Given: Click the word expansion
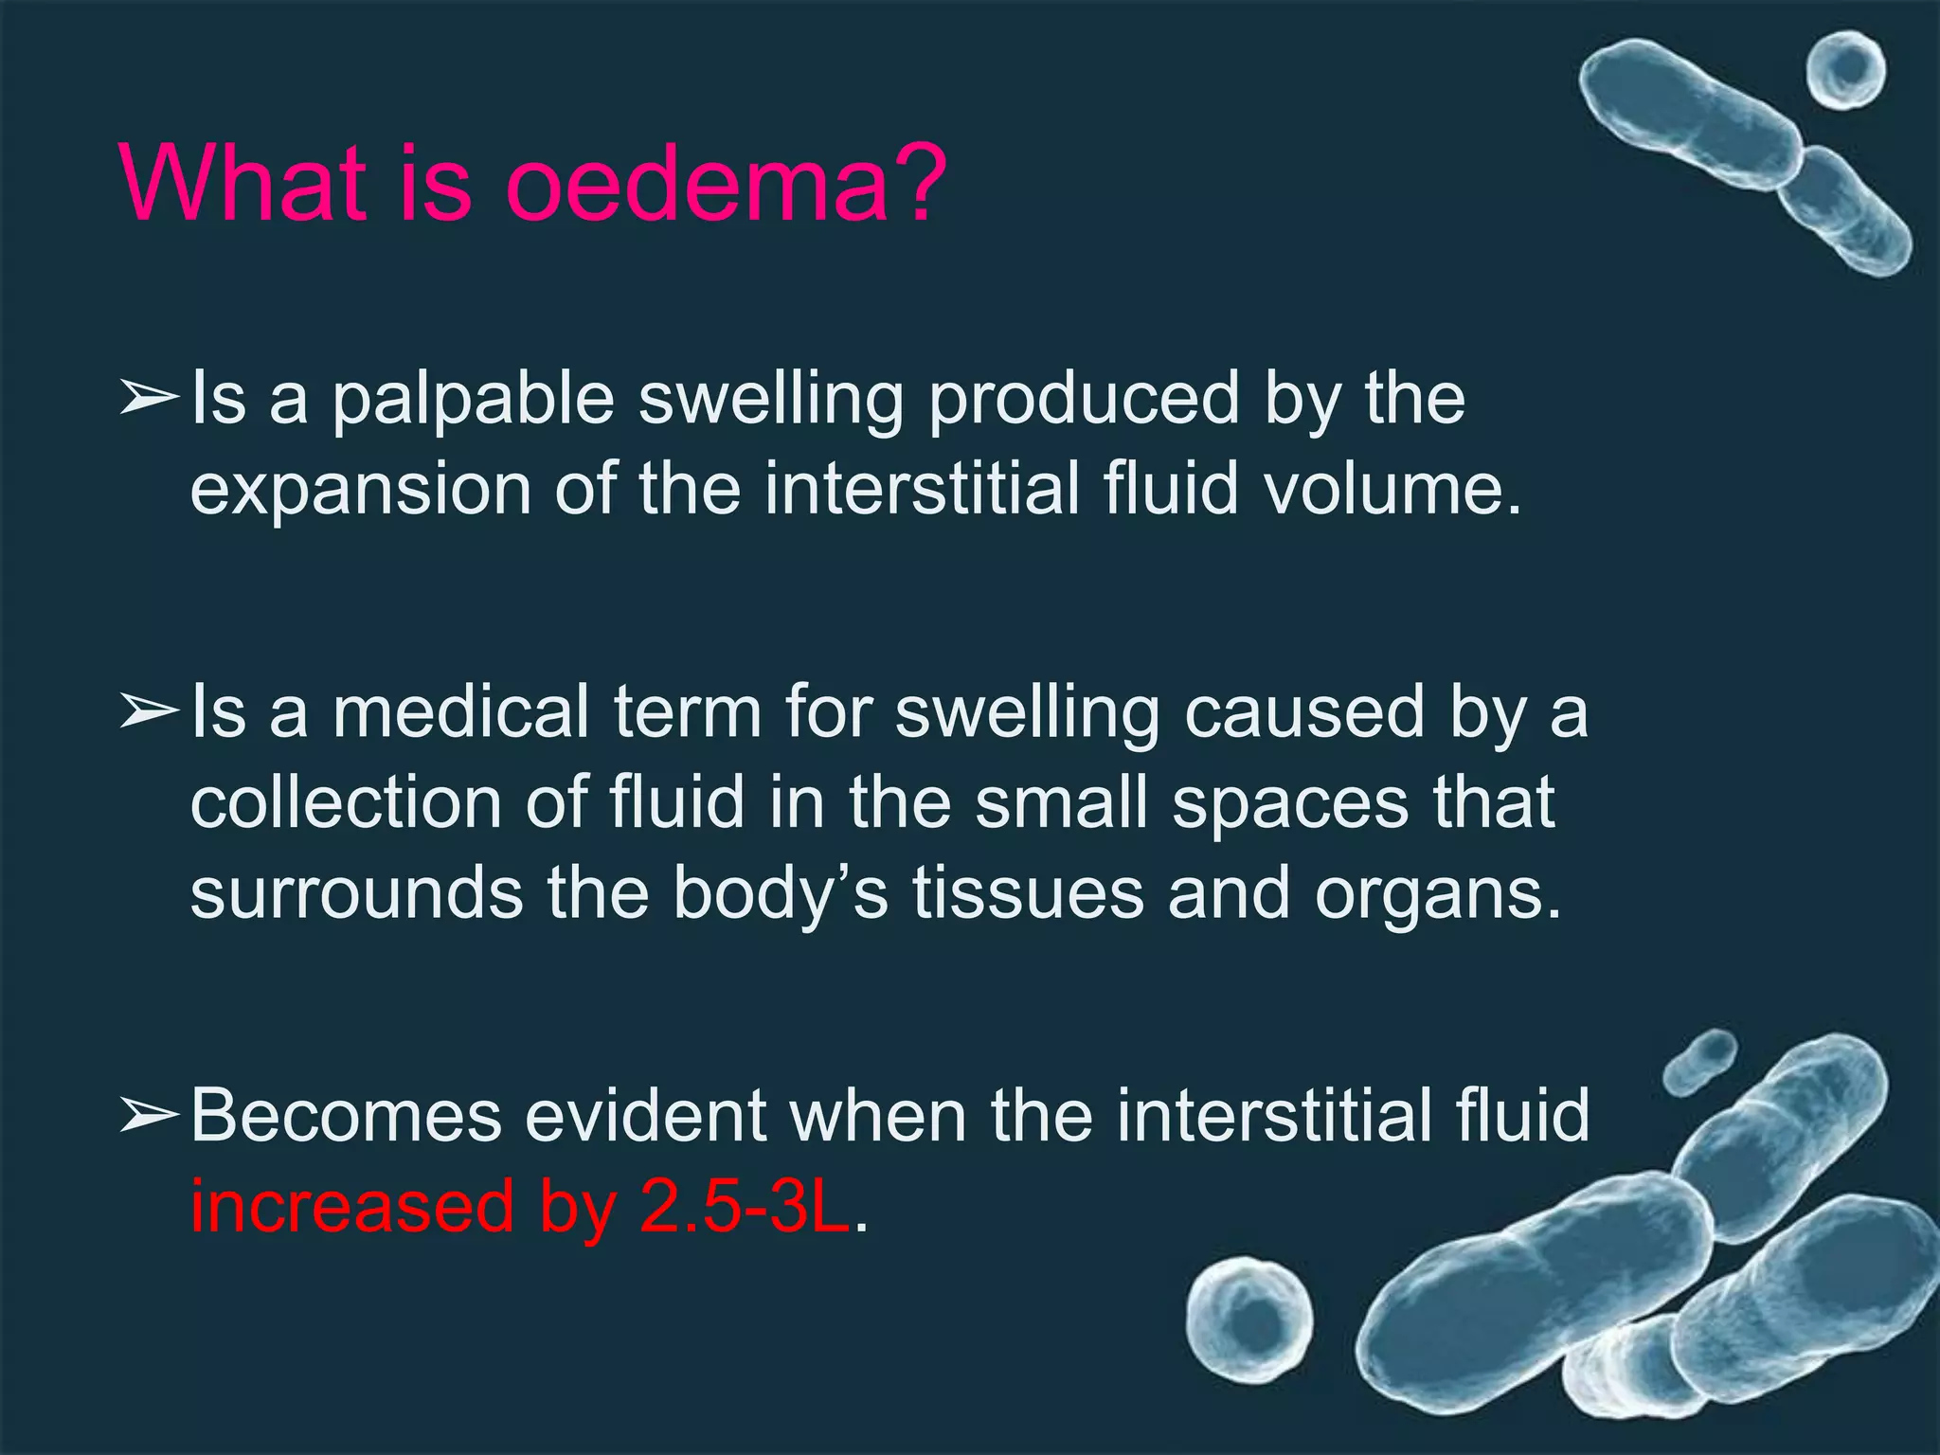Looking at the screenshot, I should (x=361, y=491).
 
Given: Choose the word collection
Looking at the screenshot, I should (x=346, y=803).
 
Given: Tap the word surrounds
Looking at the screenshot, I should (x=356, y=893).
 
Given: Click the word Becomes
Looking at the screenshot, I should (x=346, y=1116).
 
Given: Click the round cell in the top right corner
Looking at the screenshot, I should (x=1844, y=70).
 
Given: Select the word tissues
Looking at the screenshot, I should (x=1028, y=893).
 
